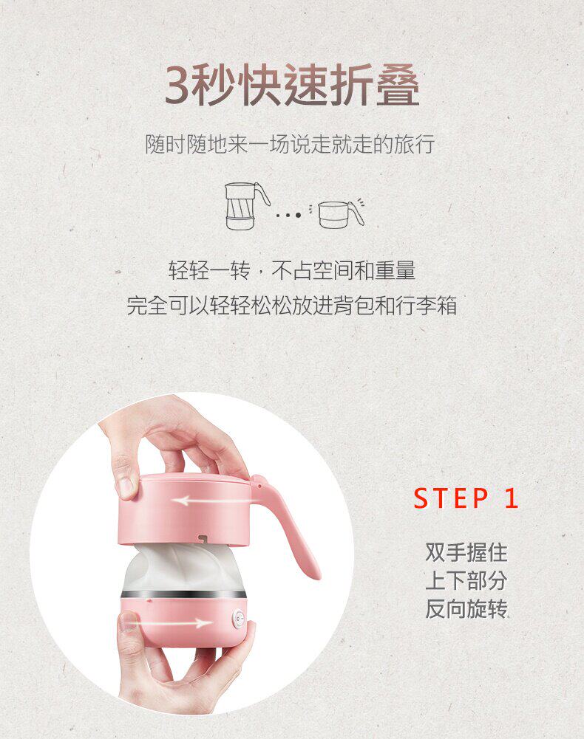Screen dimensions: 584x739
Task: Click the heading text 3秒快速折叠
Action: pos(292,86)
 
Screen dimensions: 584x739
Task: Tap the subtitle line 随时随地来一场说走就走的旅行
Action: pos(290,144)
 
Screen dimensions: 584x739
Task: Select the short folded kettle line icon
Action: pos(340,214)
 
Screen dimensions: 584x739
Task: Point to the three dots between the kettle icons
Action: pos(288,216)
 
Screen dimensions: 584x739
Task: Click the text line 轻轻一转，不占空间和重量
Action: pos(292,270)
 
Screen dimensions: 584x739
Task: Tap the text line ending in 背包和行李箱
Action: pos(292,305)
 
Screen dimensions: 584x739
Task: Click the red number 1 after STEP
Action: pos(512,498)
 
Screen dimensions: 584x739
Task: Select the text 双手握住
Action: pos(466,552)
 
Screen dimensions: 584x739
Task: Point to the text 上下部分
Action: pos(466,580)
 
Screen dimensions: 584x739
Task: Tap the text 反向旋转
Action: pos(466,608)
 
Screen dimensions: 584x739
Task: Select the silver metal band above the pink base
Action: pos(183,595)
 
